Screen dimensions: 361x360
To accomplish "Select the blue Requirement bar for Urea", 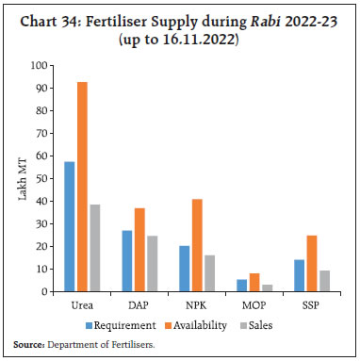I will [x=70, y=227].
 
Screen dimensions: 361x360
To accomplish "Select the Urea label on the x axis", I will [x=83, y=306].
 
